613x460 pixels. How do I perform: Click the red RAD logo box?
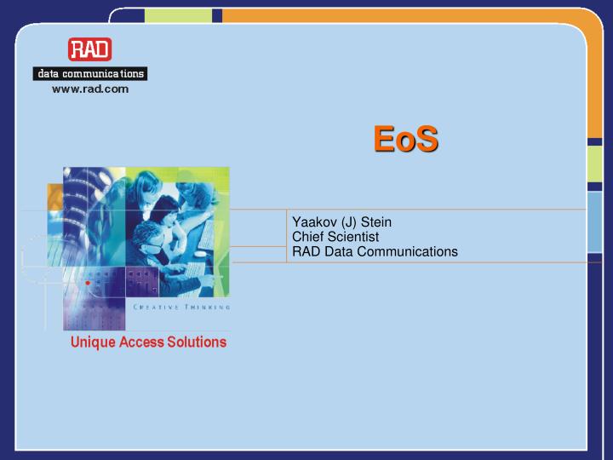[x=90, y=49]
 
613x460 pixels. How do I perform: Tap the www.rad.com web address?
[x=90, y=89]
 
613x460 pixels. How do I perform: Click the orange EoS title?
[x=406, y=139]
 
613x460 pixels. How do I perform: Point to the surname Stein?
[x=376, y=222]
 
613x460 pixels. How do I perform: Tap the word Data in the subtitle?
[x=338, y=251]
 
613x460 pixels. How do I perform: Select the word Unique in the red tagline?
[x=92, y=342]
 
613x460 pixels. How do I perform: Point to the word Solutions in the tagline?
[x=198, y=342]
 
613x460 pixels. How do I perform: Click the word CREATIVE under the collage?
[x=154, y=307]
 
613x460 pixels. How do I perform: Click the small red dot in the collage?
[x=87, y=282]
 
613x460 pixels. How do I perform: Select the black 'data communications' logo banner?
[x=90, y=73]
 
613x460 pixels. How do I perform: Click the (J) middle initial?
[x=349, y=222]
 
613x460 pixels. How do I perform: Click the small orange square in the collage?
[x=55, y=198]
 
